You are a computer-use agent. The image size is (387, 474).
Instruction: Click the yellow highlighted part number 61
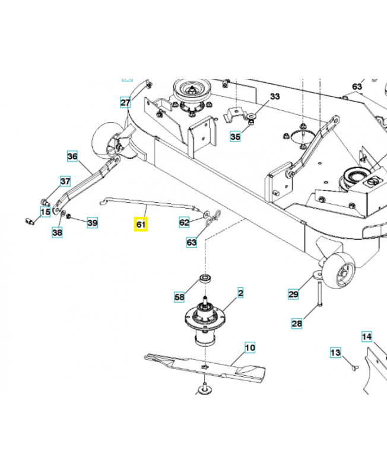(141, 225)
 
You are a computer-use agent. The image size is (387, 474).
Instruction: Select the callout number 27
(125, 102)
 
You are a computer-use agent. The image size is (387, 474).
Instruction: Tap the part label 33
(274, 96)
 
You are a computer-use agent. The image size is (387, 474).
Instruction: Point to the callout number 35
(235, 137)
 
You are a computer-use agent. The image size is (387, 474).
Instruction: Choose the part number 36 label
(72, 156)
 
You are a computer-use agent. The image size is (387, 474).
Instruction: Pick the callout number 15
(45, 211)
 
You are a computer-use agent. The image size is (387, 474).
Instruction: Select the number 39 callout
(92, 223)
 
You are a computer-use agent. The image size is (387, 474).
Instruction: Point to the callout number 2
(241, 293)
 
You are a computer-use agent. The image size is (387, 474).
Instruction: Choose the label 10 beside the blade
(249, 347)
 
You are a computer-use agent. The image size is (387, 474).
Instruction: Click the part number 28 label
(297, 324)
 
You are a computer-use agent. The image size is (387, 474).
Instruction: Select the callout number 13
(335, 353)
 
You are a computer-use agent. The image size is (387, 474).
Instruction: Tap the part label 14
(367, 337)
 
